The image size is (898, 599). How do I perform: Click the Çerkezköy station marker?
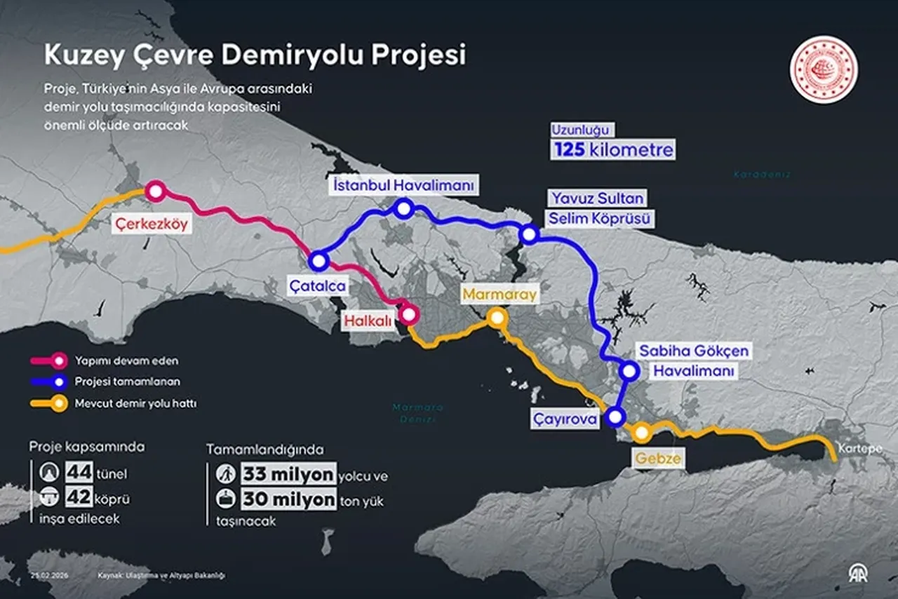click(x=155, y=190)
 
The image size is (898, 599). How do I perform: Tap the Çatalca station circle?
click(x=319, y=261)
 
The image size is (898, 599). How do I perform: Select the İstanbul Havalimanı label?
click(x=404, y=185)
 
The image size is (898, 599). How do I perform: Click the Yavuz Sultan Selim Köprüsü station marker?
click(x=529, y=234)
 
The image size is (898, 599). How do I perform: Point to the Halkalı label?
click(x=369, y=321)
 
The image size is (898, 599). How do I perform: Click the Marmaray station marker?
click(x=497, y=318)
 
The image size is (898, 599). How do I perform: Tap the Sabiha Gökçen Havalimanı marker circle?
click(x=629, y=371)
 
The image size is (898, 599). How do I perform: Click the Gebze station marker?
click(x=641, y=433)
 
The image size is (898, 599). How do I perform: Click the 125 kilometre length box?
click(x=612, y=149)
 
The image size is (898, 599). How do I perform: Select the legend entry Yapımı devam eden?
click(x=126, y=361)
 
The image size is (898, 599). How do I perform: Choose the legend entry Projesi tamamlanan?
click(x=127, y=382)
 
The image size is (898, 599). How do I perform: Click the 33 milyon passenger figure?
click(x=288, y=474)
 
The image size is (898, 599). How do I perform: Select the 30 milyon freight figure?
click(x=288, y=499)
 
